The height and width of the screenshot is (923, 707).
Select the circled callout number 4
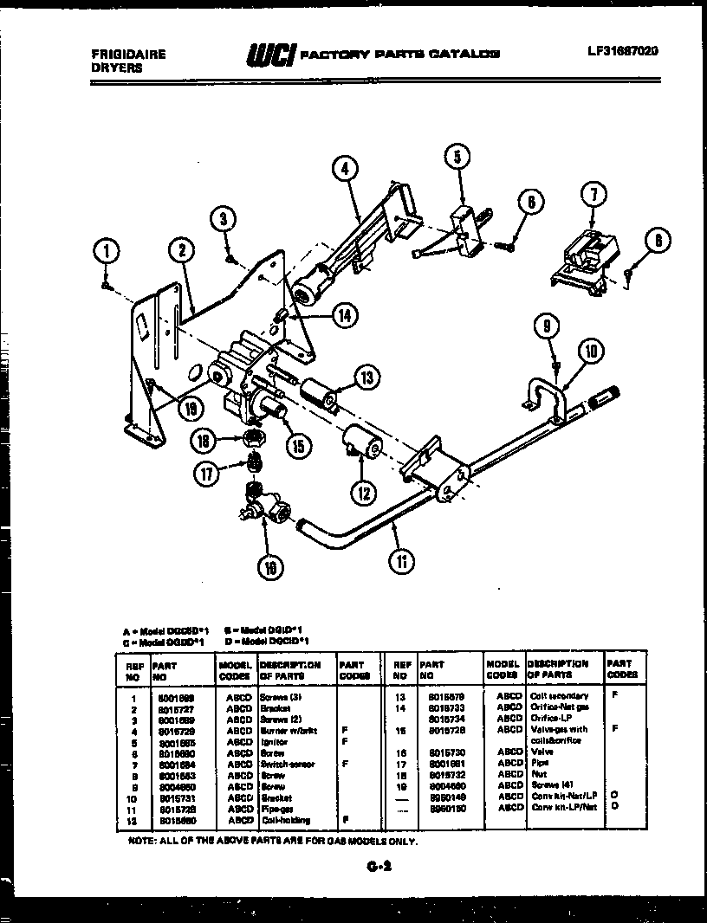click(344, 168)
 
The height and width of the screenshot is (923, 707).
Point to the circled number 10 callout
click(592, 351)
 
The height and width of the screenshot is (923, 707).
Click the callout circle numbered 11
click(401, 561)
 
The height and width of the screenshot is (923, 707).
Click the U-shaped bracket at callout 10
click(542, 390)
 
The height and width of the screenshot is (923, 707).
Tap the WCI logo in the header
click(271, 55)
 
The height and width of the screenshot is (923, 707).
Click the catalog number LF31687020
click(622, 51)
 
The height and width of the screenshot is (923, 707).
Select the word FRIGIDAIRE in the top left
click(128, 54)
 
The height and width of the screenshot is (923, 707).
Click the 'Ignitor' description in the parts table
click(274, 742)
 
